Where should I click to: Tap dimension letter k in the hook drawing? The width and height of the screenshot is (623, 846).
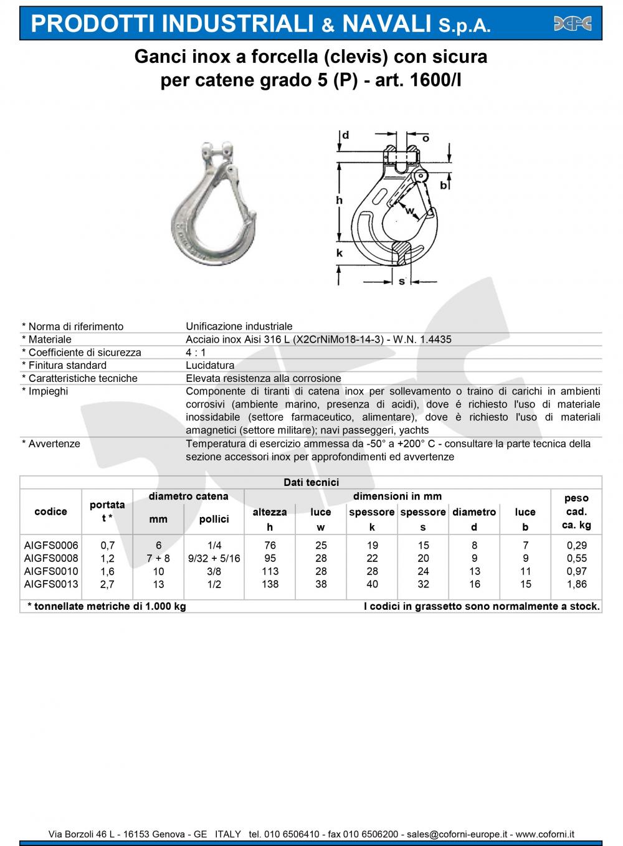pyautogui.click(x=340, y=253)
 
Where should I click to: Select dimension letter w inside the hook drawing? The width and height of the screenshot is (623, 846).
pyautogui.click(x=409, y=211)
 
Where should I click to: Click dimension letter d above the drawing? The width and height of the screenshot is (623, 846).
pyautogui.click(x=345, y=135)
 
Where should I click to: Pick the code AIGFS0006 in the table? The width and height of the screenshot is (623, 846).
pyautogui.click(x=51, y=545)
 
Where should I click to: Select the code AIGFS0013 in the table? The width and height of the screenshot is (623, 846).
pyautogui.click(x=51, y=584)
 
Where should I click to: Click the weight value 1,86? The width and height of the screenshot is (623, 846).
pyautogui.click(x=576, y=584)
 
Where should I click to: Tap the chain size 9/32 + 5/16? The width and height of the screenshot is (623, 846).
pyautogui.click(x=214, y=558)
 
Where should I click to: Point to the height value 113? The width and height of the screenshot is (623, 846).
pyautogui.click(x=270, y=571)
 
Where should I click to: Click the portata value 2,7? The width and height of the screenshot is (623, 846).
pyautogui.click(x=107, y=584)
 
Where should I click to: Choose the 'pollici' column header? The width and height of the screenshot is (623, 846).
pyautogui.click(x=214, y=519)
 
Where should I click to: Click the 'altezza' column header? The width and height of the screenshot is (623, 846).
pyautogui.click(x=270, y=512)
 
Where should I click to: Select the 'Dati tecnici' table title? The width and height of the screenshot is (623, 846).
pyautogui.click(x=311, y=482)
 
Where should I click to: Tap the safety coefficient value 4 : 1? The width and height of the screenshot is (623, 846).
pyautogui.click(x=197, y=353)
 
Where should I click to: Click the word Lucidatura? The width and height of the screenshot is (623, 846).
pyautogui.click(x=210, y=366)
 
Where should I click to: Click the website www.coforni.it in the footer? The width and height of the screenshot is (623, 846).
pyautogui.click(x=545, y=834)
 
